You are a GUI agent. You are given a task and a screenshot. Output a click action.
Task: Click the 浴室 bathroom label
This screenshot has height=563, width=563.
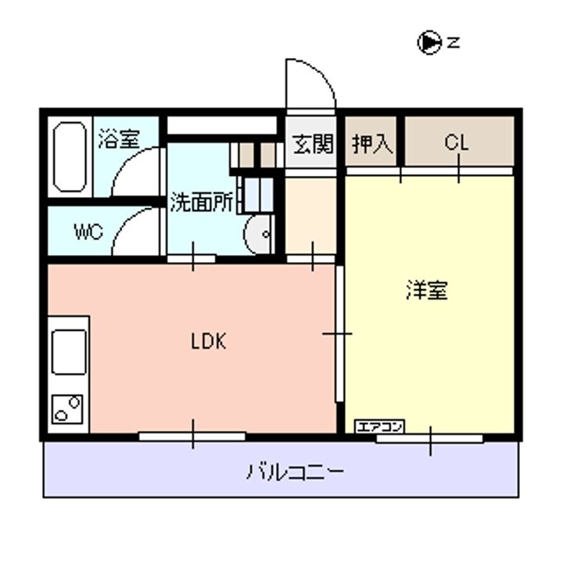click(x=119, y=138)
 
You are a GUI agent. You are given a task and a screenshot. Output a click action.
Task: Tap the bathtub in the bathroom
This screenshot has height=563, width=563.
click(x=70, y=157)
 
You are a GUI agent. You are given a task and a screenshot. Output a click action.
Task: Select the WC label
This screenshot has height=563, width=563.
click(x=88, y=231)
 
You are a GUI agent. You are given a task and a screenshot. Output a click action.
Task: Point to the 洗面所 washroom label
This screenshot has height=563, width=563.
click(x=202, y=203)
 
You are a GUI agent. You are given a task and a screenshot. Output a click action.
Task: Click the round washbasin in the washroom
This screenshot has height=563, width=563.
click(x=259, y=234)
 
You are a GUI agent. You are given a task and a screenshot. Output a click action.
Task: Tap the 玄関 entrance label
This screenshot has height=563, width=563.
click(x=312, y=144)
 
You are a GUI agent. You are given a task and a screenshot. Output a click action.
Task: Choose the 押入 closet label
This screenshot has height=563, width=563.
click(x=372, y=144)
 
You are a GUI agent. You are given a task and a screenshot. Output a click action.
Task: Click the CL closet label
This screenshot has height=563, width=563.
click(x=457, y=142)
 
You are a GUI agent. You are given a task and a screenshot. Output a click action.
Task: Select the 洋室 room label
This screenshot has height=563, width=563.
click(x=427, y=290)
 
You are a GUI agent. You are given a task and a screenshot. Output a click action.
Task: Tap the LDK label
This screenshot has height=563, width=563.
click(x=208, y=341)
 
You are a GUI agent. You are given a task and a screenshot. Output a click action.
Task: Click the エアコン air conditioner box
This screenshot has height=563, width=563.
click(x=379, y=427)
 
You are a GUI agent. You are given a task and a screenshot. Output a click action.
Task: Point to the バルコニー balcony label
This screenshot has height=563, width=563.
click(x=295, y=472)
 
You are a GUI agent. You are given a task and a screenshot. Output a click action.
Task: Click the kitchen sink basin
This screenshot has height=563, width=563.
click(x=69, y=352)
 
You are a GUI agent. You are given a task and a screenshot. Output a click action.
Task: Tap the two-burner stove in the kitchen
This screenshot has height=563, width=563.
click(x=67, y=409)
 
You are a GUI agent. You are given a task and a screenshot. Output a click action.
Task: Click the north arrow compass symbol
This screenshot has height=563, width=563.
click(x=429, y=43)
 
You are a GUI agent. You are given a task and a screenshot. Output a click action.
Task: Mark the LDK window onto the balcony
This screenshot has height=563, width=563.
click(x=192, y=436)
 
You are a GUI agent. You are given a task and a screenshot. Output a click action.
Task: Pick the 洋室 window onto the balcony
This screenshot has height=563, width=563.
click(x=429, y=439)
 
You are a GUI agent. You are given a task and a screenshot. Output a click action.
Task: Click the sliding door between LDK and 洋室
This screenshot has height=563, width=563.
click(x=339, y=334)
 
